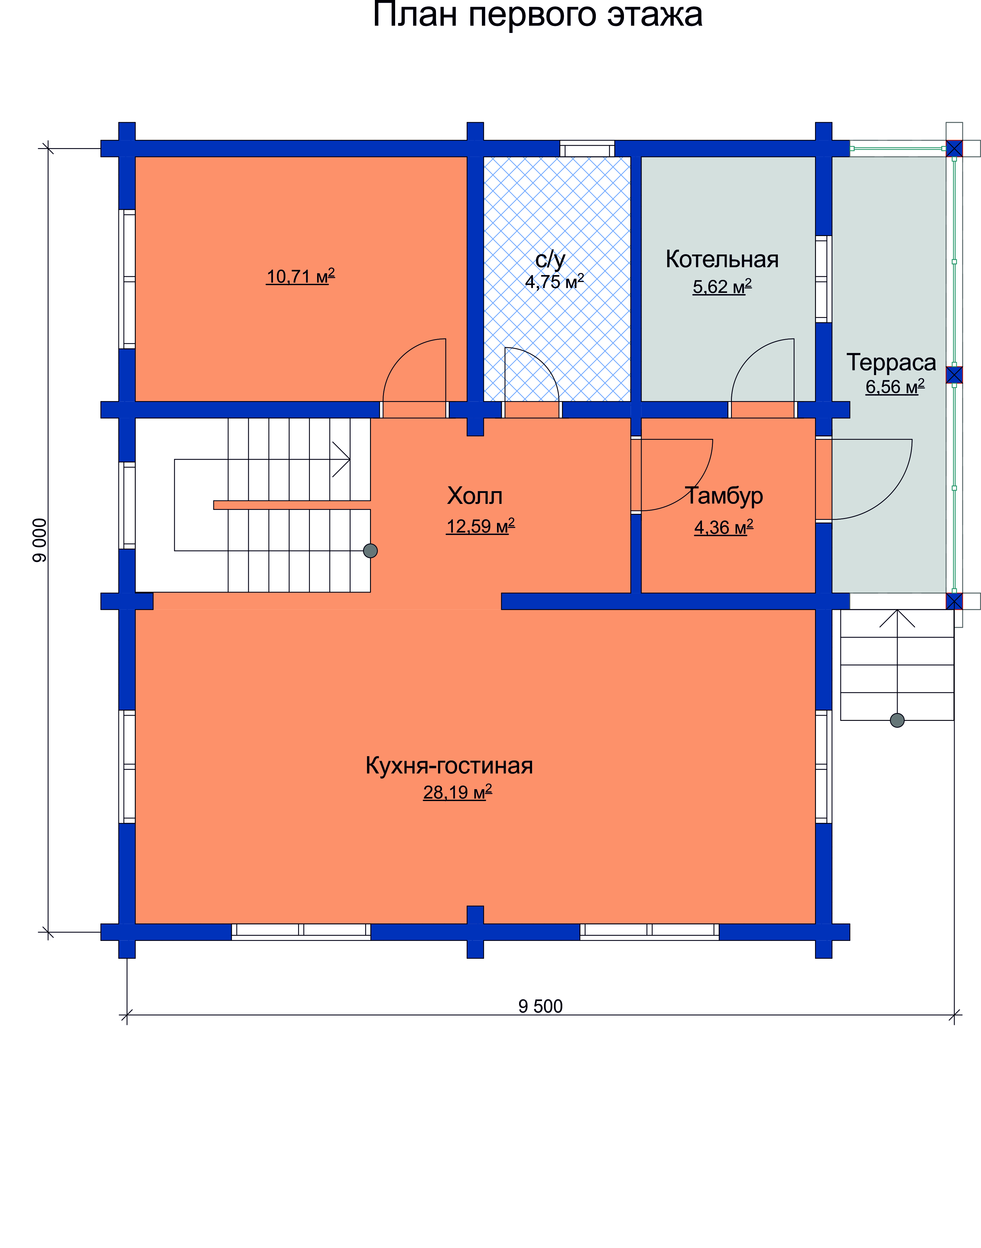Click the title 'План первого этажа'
pos(538,15)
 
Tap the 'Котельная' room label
pos(722,260)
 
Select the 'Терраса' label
pos(892,362)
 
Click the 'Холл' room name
pos(475,496)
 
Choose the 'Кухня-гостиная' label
pos(449,766)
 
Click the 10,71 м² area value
pos(300,276)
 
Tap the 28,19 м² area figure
pos(458,792)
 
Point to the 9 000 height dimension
pos(40,540)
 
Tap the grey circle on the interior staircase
pos(370,551)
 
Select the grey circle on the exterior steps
pos(897,720)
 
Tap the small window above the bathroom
pos(587,149)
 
